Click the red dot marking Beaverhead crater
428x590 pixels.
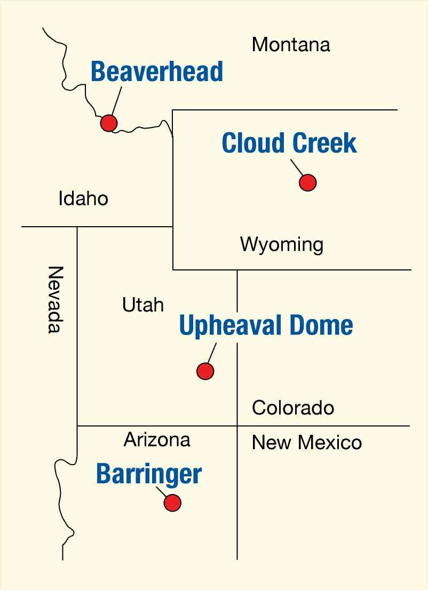coord(109,123)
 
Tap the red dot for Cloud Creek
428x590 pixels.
coord(308,182)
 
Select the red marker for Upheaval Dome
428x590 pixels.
coord(205,371)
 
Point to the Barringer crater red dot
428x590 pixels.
coord(172,503)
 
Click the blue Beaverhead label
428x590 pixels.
coord(157,72)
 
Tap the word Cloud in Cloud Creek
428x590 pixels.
coord(253,143)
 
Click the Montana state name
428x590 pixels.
coord(291,45)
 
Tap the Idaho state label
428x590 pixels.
coord(83,199)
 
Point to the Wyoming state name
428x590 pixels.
coord(282,245)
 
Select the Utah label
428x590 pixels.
coord(143,305)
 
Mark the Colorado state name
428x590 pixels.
coord(293,408)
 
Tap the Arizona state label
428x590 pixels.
coord(157,440)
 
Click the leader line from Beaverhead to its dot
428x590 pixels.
coord(117,100)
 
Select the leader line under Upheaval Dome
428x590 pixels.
coord(211,353)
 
